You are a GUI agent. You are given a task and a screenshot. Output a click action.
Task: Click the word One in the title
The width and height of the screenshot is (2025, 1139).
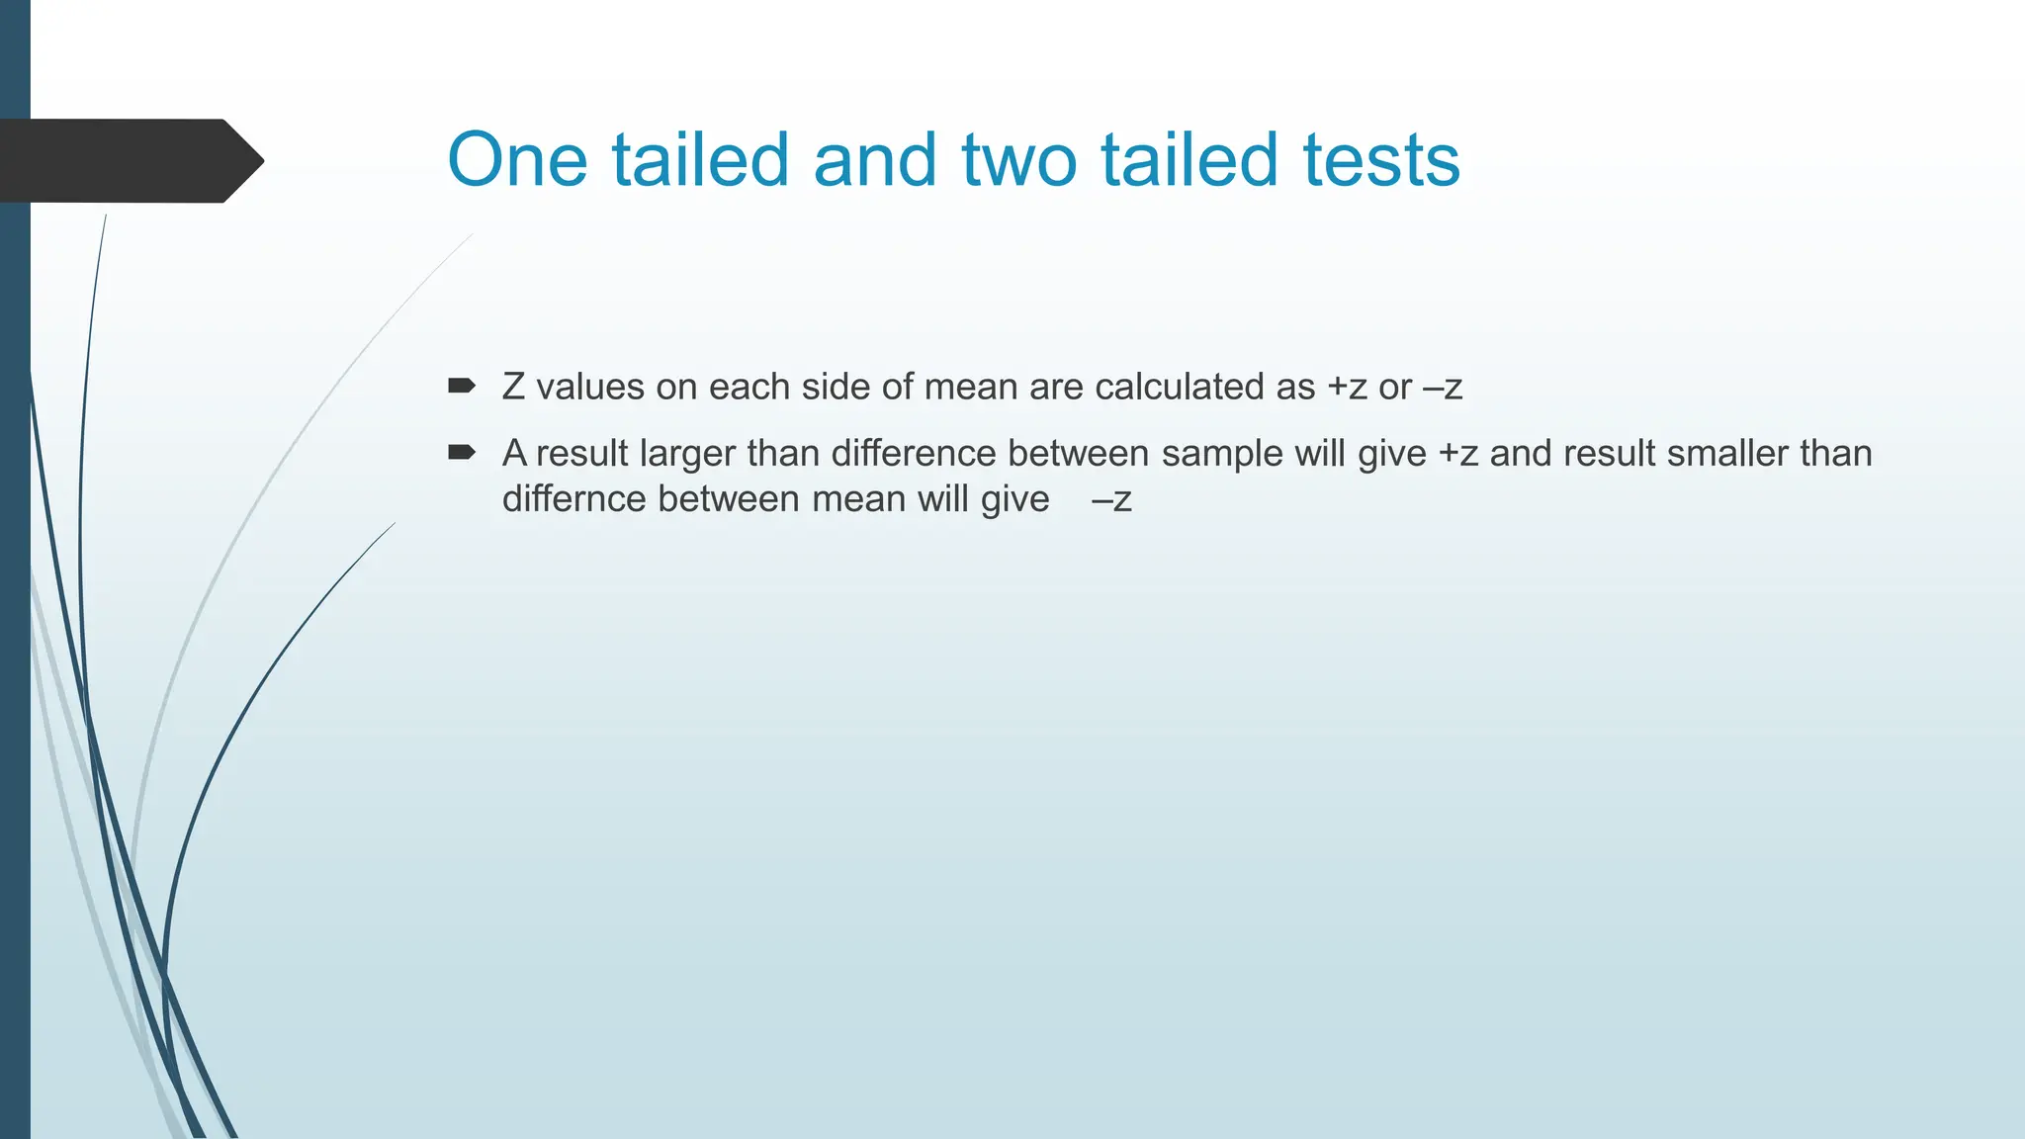[x=518, y=160]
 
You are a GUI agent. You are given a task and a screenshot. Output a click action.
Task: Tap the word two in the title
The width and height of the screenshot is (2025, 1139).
[x=1019, y=160]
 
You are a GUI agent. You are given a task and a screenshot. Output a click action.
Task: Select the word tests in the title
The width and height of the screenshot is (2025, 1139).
[x=1380, y=160]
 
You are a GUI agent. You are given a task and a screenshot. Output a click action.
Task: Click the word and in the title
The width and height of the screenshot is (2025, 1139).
[x=874, y=160]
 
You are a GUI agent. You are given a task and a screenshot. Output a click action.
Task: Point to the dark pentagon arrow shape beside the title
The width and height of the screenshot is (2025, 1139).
[x=129, y=160]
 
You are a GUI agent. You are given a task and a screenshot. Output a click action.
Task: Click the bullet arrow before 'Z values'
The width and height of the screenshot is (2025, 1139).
[x=462, y=386]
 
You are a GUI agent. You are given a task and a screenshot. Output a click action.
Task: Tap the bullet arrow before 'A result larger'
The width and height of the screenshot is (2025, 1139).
[x=462, y=453]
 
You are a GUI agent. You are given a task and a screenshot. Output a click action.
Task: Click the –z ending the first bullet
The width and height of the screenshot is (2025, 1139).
[x=1442, y=387]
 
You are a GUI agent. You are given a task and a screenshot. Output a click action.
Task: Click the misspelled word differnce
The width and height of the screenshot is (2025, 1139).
[x=574, y=499]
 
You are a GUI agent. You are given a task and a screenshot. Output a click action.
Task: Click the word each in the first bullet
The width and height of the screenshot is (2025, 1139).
[x=749, y=387]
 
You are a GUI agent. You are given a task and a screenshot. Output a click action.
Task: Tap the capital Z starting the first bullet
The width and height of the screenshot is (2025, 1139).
[x=513, y=387]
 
